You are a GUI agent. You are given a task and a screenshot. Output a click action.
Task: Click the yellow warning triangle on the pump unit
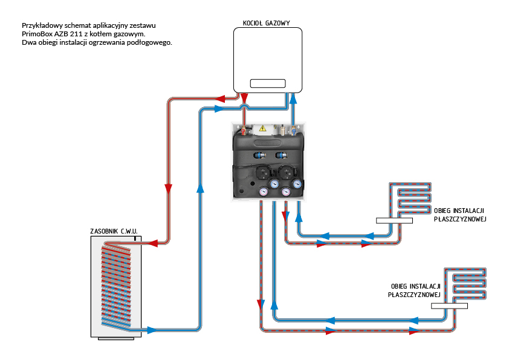tap(262, 128)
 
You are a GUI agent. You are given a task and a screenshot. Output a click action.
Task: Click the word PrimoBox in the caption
tap(37, 34)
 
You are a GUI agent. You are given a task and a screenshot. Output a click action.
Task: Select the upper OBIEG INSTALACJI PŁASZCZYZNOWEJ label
tap(460, 215)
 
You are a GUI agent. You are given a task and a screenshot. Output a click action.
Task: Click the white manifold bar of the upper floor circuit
tap(394, 221)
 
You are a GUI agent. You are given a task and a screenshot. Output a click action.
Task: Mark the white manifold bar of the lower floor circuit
tap(450, 306)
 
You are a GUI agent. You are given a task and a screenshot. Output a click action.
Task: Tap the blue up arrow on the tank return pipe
tap(199, 188)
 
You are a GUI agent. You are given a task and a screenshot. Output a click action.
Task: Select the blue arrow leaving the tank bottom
tap(151, 330)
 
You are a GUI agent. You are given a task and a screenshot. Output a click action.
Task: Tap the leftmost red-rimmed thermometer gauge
tap(264, 192)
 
